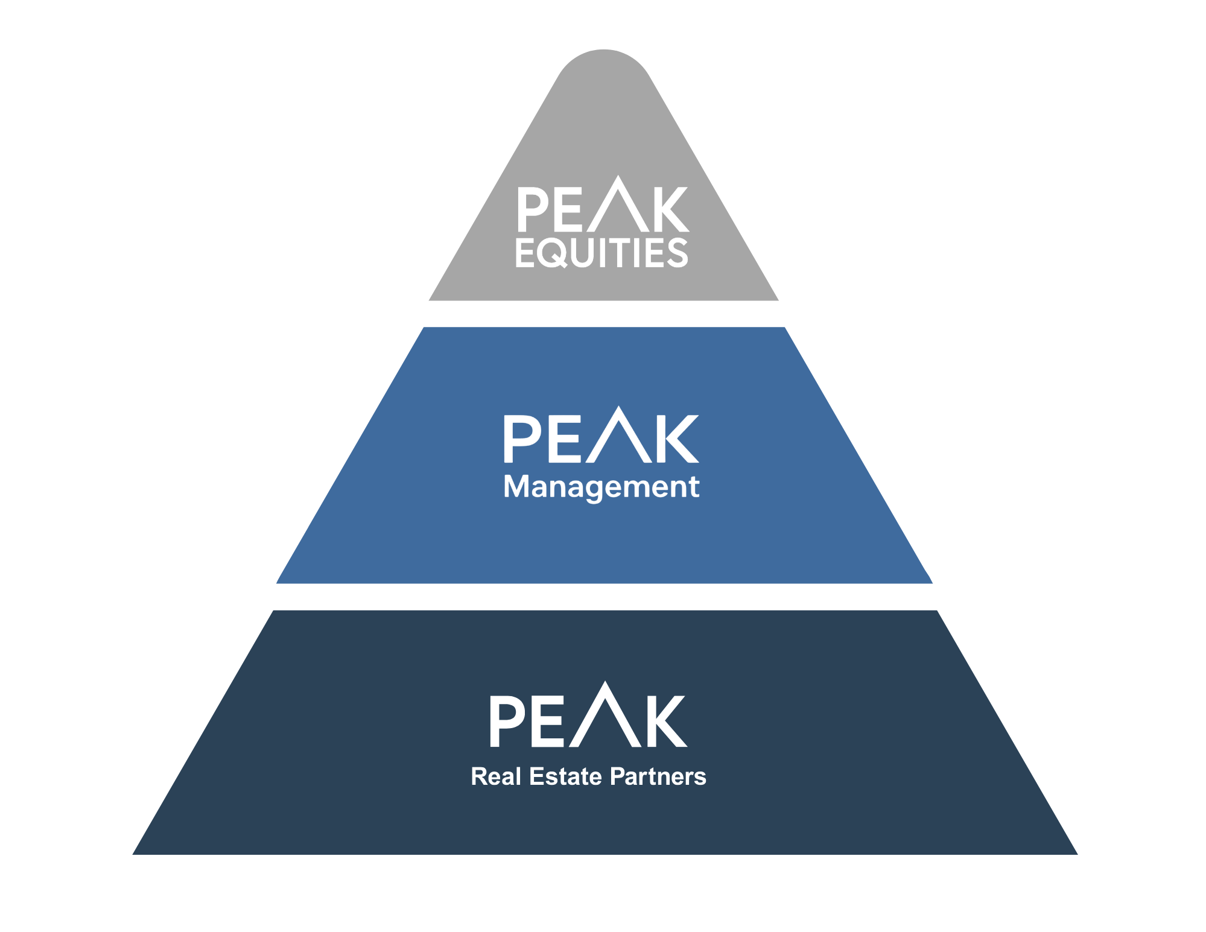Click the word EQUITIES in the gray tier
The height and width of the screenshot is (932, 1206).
pos(601,253)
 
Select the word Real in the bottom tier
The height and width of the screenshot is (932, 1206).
pos(496,777)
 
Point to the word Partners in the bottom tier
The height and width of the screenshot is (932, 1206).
pos(658,777)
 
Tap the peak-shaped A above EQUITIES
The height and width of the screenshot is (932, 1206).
pos(618,205)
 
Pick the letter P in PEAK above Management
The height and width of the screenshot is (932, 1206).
pos(521,439)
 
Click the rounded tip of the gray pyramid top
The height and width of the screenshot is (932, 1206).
pos(603,60)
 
